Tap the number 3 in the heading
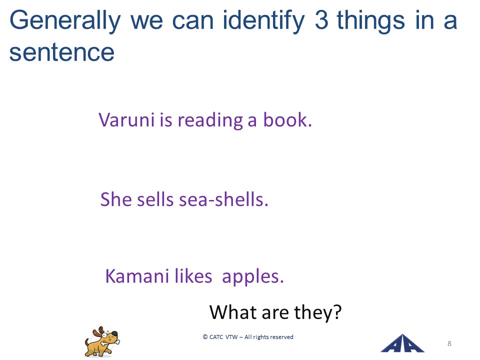(x=321, y=20)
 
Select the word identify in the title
(x=263, y=21)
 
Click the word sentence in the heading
(x=62, y=52)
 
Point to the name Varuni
(x=126, y=119)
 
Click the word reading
(x=210, y=120)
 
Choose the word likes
(x=193, y=275)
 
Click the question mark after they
(x=336, y=311)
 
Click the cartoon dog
(x=102, y=341)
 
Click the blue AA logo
(x=402, y=343)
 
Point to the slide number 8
(x=449, y=343)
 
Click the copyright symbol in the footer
(x=205, y=336)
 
